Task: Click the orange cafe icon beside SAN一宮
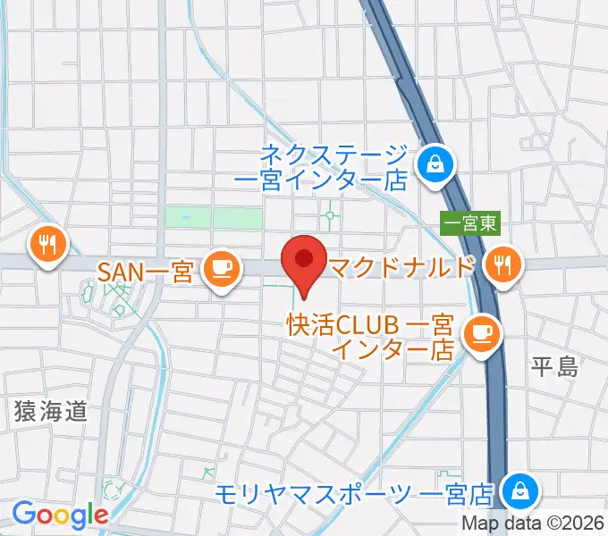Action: pos(220,269)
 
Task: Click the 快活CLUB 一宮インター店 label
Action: pos(372,335)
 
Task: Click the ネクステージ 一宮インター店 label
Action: pos(336,167)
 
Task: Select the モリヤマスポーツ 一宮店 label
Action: pos(355,492)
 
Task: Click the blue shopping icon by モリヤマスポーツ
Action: pos(517,490)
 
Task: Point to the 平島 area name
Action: pos(554,367)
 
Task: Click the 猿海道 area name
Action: pos(51,411)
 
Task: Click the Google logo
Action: pos(59,515)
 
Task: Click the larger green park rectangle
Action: pos(239,218)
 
